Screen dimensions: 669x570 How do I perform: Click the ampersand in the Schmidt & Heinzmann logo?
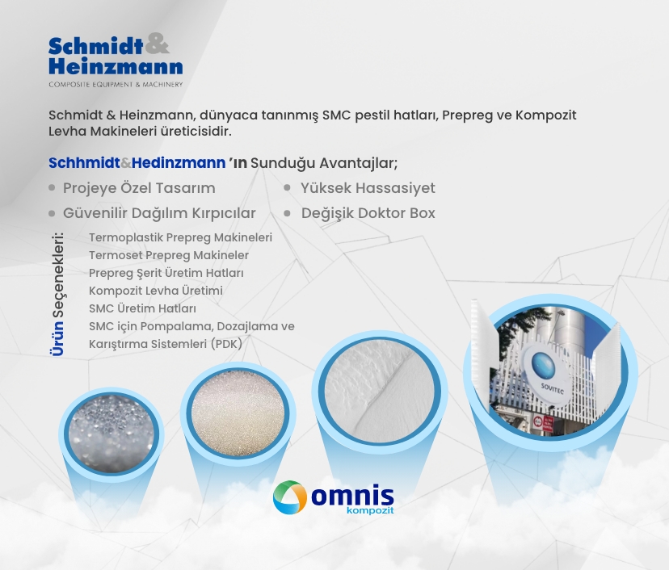tap(157, 44)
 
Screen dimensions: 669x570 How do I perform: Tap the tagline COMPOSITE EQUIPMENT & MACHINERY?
tap(116, 85)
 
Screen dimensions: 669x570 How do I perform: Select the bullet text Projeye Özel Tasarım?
tap(139, 188)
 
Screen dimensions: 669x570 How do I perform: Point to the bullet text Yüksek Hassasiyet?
tap(368, 188)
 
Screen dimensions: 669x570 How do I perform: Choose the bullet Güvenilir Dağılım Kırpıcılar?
tap(159, 213)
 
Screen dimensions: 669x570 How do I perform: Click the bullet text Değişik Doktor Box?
tap(368, 213)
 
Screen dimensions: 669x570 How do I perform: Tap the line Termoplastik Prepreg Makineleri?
tap(180, 237)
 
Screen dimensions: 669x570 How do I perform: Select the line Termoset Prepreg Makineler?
tap(169, 255)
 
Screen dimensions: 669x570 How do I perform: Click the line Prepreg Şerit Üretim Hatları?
tap(166, 273)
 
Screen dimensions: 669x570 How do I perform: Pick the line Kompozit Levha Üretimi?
tap(156, 291)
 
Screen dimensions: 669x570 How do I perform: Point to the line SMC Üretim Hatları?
tap(142, 308)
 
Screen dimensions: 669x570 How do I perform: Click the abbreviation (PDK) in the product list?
tap(226, 344)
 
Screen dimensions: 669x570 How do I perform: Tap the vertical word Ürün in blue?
tap(57, 338)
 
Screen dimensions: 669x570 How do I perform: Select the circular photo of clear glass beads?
tap(111, 434)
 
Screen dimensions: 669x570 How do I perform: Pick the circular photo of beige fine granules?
tap(238, 413)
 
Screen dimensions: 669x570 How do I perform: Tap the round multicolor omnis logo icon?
tap(290, 497)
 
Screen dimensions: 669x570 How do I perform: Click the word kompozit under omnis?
tap(370, 510)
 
